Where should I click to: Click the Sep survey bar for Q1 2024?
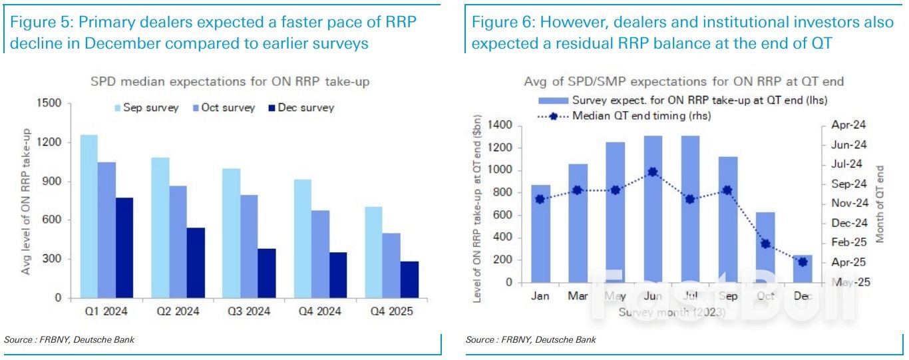pyautogui.click(x=89, y=216)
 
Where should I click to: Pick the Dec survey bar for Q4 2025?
pyautogui.click(x=409, y=279)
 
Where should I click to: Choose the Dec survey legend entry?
pyautogui.click(x=300, y=108)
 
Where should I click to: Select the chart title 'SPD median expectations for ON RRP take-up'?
pyautogui.click(x=230, y=83)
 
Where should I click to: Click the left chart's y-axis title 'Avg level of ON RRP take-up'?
pyautogui.click(x=26, y=200)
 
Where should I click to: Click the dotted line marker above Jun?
pyautogui.click(x=653, y=172)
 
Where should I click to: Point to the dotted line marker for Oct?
pyautogui.click(x=765, y=244)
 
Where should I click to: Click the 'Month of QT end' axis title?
pyautogui.click(x=880, y=204)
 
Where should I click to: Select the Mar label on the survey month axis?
pyautogui.click(x=578, y=296)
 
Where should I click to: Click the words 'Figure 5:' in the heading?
pyautogui.click(x=38, y=23)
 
